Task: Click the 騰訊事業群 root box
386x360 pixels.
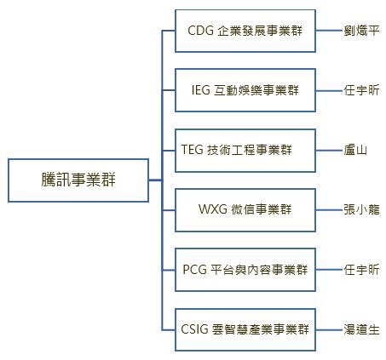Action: coord(78,180)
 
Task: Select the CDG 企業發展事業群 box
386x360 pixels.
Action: coord(245,31)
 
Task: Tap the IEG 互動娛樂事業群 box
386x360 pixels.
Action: coord(245,90)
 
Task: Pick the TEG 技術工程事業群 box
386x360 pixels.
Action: coord(245,151)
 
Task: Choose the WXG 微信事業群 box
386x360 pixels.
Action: coord(245,210)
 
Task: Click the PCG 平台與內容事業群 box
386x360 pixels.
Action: coord(245,270)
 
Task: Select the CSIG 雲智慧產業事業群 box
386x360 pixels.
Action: coord(245,329)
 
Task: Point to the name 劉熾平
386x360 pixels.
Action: coord(361,31)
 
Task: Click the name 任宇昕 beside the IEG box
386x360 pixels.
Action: coord(361,90)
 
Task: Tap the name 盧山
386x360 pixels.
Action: coord(355,150)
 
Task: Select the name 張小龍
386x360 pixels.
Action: coord(361,209)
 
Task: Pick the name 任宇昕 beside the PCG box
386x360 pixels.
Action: coord(361,270)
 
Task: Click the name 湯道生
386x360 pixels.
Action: coord(361,329)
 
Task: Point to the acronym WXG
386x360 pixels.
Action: coord(213,209)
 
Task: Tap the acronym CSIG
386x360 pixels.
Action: coord(194,329)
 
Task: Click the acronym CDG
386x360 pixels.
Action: coord(201,31)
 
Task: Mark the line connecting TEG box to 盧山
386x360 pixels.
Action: coord(329,151)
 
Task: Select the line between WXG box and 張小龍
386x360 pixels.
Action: coord(329,210)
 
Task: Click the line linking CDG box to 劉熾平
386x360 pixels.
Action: coord(329,31)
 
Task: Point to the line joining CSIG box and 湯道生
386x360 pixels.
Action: coord(329,330)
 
